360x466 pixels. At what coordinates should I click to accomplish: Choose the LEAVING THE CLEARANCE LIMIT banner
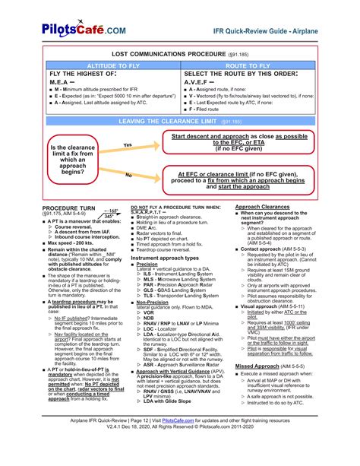179,121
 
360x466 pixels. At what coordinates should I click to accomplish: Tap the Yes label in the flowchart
128,144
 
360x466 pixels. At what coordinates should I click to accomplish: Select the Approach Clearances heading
263,207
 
